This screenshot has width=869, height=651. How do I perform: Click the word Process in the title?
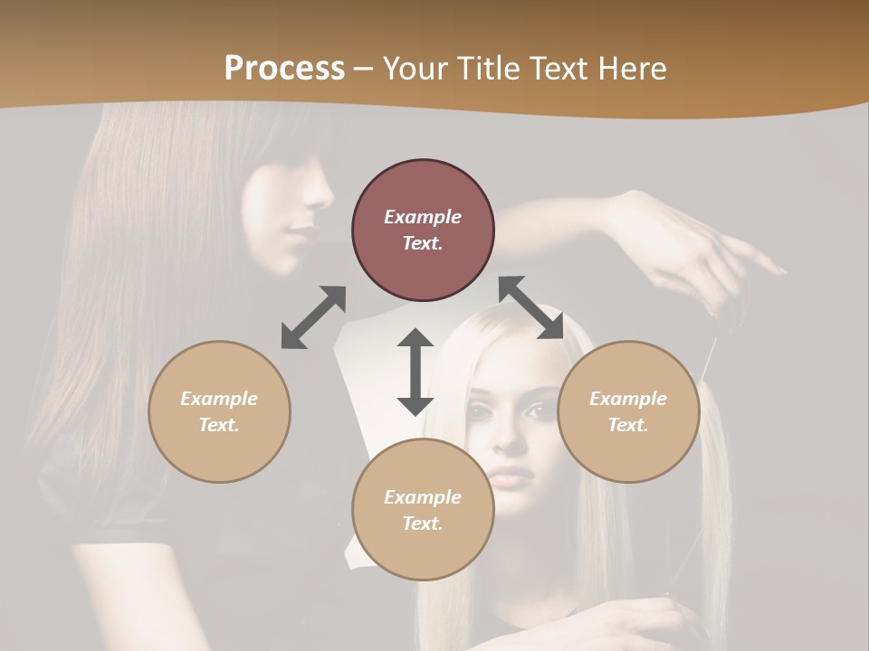(x=284, y=69)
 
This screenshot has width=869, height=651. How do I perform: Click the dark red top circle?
(x=423, y=231)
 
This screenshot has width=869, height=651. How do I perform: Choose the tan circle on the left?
(x=219, y=411)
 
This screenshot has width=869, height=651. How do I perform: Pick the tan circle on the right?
(x=628, y=411)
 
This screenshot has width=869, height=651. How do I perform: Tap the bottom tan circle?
(x=423, y=509)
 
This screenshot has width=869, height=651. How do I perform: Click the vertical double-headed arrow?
(x=415, y=372)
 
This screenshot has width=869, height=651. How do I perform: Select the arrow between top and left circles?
(x=313, y=317)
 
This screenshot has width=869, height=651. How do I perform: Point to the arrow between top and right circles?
(x=530, y=307)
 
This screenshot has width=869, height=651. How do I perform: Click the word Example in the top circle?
(x=423, y=217)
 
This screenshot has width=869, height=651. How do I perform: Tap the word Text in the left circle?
(x=219, y=425)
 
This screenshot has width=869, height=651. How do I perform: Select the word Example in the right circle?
(x=628, y=399)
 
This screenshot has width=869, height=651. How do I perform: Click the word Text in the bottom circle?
(x=423, y=524)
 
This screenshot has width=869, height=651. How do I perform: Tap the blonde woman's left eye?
(x=480, y=410)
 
